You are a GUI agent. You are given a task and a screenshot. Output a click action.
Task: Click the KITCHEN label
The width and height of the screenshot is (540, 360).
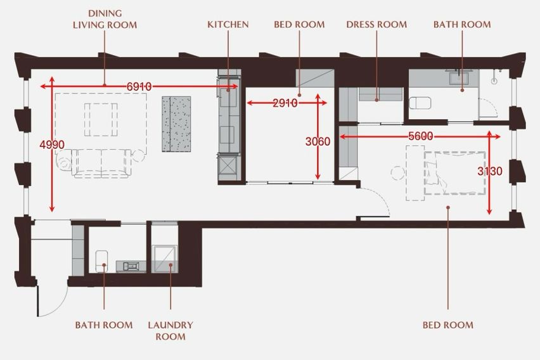tap(228, 25)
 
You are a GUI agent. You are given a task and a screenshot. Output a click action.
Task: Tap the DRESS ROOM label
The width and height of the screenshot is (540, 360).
tap(376, 25)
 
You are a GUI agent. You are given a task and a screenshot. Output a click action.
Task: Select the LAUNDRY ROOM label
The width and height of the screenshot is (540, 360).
tap(170, 331)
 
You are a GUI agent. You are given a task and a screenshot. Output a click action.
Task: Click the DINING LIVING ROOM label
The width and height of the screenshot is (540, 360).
tap(105, 19)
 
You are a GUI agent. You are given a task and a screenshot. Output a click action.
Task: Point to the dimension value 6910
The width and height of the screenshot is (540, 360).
tap(139, 86)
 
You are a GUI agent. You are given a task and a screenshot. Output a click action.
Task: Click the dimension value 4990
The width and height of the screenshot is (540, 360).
tap(52, 145)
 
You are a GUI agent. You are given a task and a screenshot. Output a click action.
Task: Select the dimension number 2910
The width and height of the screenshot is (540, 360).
tap(285, 103)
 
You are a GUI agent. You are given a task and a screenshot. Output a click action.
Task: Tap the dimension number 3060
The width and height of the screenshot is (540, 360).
tap(318, 141)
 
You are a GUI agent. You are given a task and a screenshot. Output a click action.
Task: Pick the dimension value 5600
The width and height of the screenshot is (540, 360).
tap(420, 136)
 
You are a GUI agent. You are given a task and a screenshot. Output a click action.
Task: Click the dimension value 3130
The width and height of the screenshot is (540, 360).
tap(490, 171)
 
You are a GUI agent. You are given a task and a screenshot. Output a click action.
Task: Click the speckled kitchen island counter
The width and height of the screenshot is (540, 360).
tap(176, 124)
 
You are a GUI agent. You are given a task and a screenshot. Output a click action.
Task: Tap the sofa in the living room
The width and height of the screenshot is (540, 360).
tap(101, 164)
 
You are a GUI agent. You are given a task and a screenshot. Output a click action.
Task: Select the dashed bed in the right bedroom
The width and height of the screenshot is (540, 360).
tap(455, 173)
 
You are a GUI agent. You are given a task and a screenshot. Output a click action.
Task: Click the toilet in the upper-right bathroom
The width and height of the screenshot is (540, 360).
tap(420, 103)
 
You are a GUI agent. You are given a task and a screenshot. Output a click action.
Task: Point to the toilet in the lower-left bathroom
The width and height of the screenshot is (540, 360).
tap(101, 260)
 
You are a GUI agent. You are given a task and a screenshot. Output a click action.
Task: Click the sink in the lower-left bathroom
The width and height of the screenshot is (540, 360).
tap(131, 266)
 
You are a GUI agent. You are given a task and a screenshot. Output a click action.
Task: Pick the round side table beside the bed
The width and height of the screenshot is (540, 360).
tap(398, 172)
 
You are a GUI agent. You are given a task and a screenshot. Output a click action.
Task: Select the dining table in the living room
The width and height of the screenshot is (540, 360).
tap(101, 120)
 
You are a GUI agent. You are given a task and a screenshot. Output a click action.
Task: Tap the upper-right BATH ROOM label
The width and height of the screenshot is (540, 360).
tap(462, 25)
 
